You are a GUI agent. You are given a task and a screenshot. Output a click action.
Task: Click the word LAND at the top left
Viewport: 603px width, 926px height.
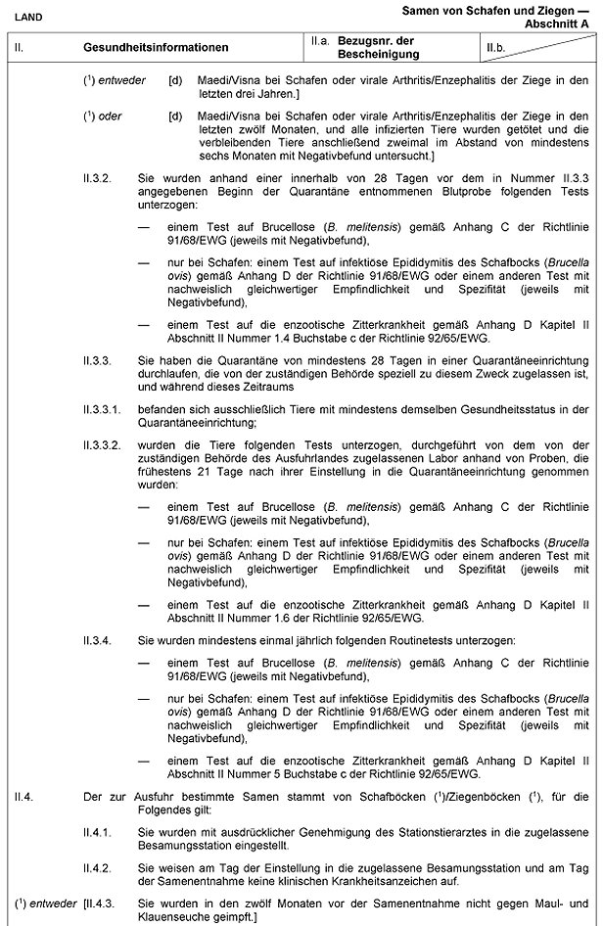click(x=26, y=17)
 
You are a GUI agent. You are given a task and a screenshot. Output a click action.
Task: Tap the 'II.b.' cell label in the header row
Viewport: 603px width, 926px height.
click(x=496, y=47)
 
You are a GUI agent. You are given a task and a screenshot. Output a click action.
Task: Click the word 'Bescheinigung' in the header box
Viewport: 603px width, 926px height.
click(x=378, y=54)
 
